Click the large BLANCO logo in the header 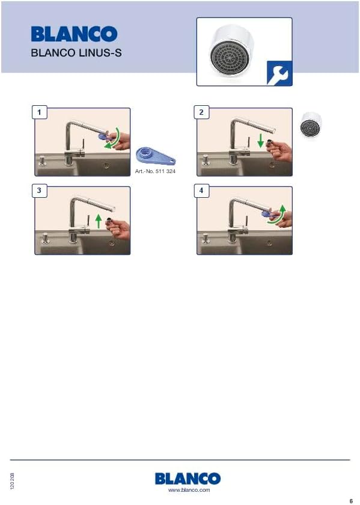(x=74, y=34)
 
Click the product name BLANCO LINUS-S (x=76, y=52)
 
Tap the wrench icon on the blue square (x=279, y=73)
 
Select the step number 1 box (x=39, y=112)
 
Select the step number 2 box (x=201, y=112)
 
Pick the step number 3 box (x=39, y=191)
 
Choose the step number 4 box (x=201, y=191)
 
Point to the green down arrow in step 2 (x=261, y=141)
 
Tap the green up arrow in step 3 (x=99, y=222)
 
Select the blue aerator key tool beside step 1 (x=156, y=156)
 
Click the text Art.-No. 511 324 (x=155, y=171)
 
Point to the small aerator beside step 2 (x=311, y=126)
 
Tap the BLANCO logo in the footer (x=188, y=479)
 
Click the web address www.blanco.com (x=189, y=490)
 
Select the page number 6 (x=351, y=501)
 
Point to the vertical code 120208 (x=12, y=481)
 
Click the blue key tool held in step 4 (x=268, y=213)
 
